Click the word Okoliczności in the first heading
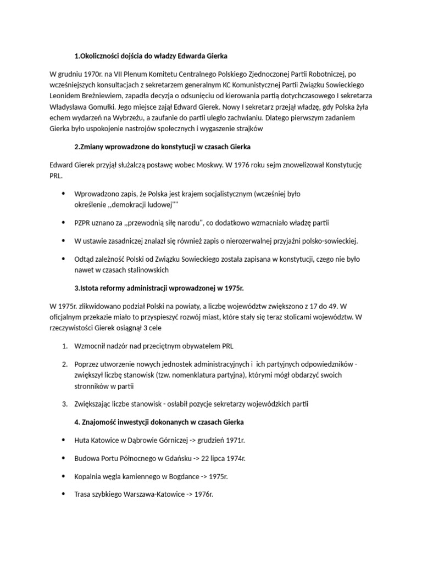pyautogui.click(x=99, y=55)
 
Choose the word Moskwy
pyautogui.click(x=193, y=165)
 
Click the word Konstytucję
pyautogui.click(x=340, y=165)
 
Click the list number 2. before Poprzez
pyautogui.click(x=64, y=364)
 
